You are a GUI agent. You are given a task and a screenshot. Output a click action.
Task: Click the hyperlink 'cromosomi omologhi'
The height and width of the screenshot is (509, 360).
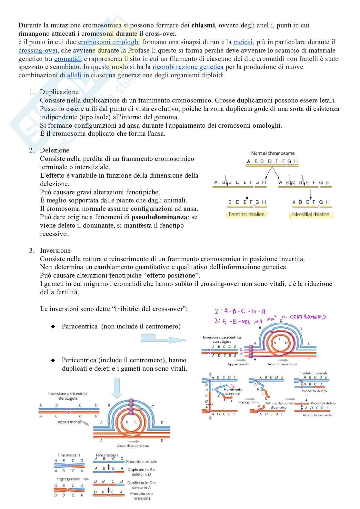point(109,42)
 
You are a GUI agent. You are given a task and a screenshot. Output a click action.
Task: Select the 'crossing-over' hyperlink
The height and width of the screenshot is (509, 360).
point(38,50)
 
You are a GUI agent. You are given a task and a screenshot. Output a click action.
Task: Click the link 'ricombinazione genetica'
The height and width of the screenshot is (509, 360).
point(188,67)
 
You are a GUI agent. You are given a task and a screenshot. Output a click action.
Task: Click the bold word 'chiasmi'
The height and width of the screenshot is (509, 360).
point(203,25)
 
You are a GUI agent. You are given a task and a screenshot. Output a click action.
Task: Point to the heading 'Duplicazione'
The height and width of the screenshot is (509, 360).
point(59,92)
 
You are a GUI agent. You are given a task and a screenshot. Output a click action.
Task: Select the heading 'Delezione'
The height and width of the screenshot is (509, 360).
point(55,150)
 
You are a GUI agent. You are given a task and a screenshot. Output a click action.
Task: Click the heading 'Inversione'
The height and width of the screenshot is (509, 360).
point(55,250)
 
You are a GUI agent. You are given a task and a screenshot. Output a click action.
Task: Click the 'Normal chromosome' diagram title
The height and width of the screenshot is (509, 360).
point(273,153)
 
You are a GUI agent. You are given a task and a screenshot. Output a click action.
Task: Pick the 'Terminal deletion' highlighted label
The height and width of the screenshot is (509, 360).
point(246,215)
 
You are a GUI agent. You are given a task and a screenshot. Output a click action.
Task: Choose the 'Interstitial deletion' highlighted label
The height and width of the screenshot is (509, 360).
point(311,215)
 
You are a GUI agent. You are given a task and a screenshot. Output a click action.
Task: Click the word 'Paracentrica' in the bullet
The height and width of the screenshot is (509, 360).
point(80,326)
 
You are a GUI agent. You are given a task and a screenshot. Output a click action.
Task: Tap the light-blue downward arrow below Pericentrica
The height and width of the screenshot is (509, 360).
point(116,388)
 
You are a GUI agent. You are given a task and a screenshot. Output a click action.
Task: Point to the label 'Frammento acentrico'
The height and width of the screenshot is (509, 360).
point(233,392)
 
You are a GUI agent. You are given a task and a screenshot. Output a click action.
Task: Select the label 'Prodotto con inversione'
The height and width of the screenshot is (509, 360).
point(141,496)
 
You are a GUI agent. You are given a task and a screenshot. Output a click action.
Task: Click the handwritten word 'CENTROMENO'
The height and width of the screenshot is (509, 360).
point(308,317)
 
